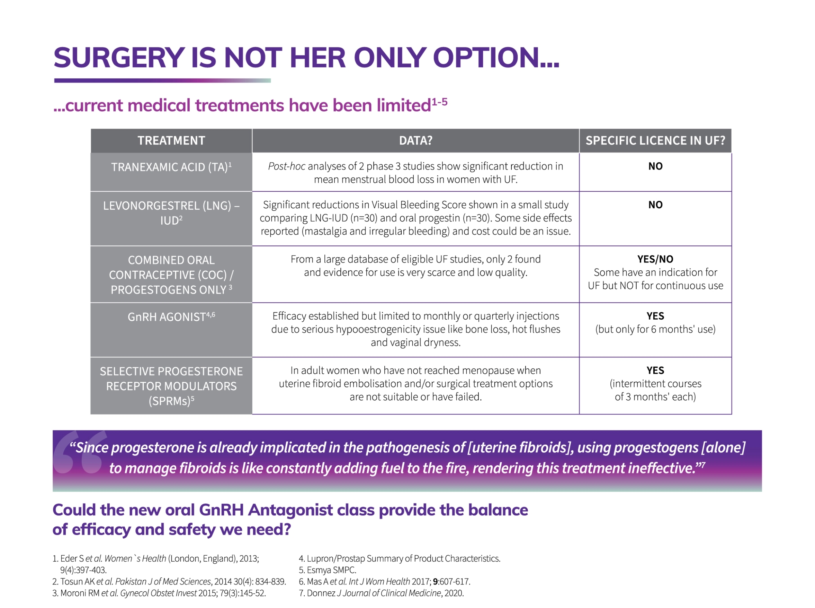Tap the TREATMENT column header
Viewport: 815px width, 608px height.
(171, 141)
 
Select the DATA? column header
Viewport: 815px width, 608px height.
(415, 141)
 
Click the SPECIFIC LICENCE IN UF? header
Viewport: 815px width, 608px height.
(655, 141)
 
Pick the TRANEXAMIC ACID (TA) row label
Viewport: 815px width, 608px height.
(171, 167)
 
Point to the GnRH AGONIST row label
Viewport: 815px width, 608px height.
(171, 317)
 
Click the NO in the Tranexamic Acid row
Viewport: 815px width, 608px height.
(655, 166)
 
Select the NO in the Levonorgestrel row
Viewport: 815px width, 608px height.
(655, 205)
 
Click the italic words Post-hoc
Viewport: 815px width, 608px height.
(286, 166)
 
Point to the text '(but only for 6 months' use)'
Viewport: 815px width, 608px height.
(655, 329)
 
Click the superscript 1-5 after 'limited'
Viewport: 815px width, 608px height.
(439, 102)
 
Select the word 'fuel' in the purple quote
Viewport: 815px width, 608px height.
(392, 469)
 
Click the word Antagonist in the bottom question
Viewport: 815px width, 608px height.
(290, 511)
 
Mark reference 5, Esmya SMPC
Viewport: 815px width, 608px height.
(327, 570)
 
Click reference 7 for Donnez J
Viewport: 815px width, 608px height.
(381, 593)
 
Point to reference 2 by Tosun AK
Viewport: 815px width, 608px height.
(169, 582)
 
